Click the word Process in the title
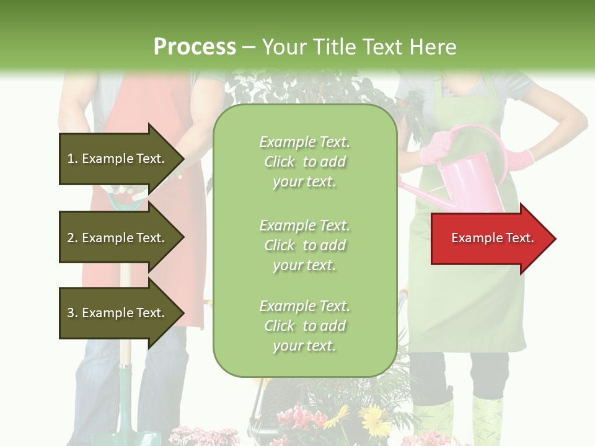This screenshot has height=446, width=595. (x=195, y=47)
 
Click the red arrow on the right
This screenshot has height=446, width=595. (x=493, y=238)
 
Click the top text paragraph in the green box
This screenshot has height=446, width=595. (x=304, y=162)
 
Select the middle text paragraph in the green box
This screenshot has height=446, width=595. (x=304, y=245)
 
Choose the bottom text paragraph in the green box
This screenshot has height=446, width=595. (x=304, y=326)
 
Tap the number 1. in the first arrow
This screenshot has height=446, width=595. (x=73, y=159)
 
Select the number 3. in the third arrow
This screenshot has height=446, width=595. (x=73, y=313)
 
